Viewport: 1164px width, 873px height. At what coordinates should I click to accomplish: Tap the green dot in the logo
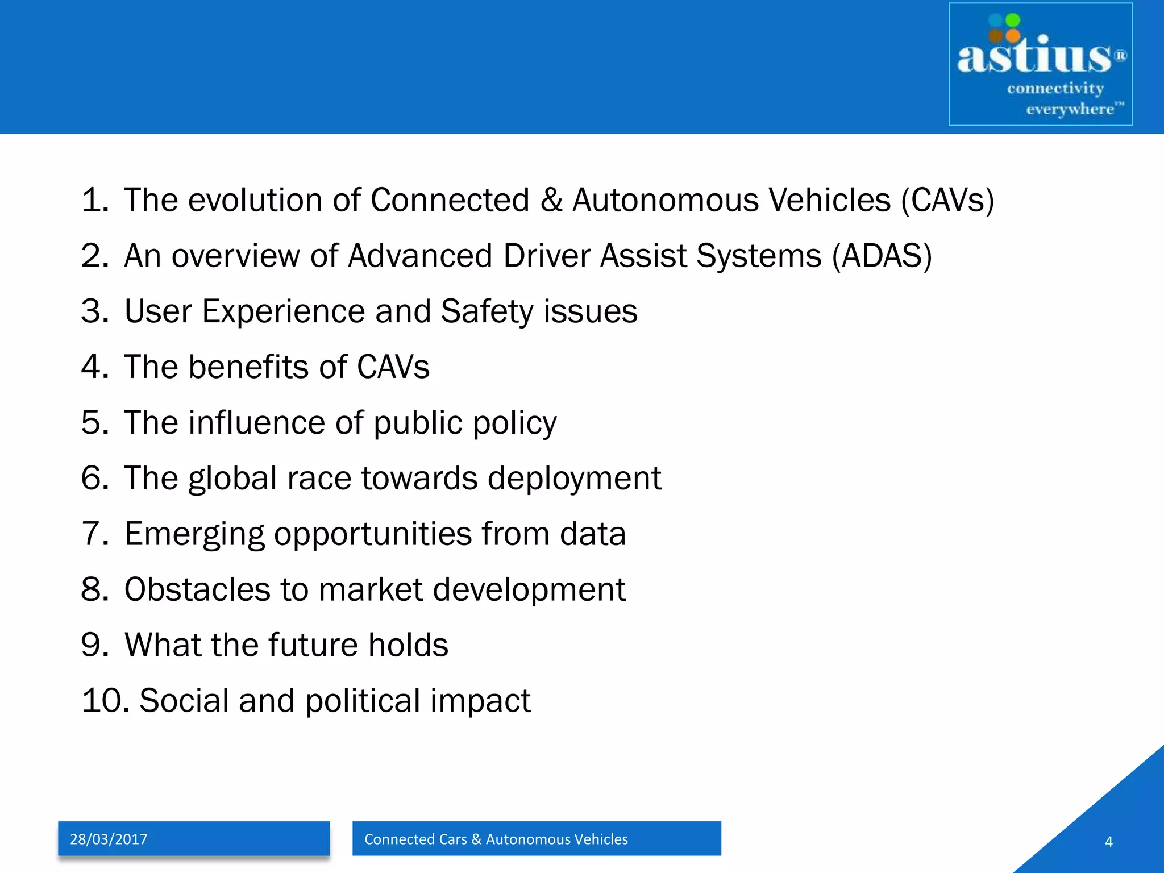(x=1013, y=20)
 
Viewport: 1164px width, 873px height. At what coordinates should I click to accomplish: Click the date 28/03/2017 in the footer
(x=109, y=839)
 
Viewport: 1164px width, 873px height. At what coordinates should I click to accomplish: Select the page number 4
(x=1108, y=842)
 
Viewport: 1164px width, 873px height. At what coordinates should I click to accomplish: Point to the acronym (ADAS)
(x=882, y=256)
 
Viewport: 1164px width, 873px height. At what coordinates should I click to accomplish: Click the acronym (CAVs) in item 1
(x=947, y=200)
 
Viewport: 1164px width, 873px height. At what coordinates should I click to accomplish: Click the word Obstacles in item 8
(x=197, y=589)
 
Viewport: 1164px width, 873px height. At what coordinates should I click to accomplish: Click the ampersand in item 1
(x=551, y=200)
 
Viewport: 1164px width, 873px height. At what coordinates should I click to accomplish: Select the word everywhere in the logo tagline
(x=1069, y=109)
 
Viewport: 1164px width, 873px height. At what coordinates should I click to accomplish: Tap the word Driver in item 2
(x=546, y=256)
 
